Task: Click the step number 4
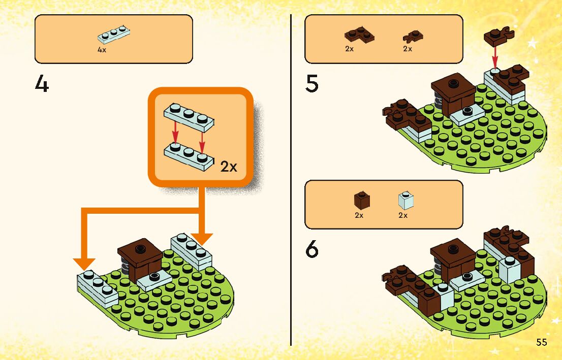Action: click(42, 84)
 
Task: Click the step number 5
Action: click(312, 84)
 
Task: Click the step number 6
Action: click(312, 249)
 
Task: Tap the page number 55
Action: click(541, 342)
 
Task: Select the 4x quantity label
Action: click(102, 50)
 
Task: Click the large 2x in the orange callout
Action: click(229, 166)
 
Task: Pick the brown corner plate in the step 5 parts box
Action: click(359, 36)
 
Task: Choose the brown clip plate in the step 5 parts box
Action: click(413, 37)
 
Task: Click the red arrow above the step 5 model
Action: click(495, 56)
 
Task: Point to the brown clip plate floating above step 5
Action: click(496, 35)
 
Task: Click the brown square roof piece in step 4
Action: click(140, 250)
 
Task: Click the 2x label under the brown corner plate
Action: click(350, 49)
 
